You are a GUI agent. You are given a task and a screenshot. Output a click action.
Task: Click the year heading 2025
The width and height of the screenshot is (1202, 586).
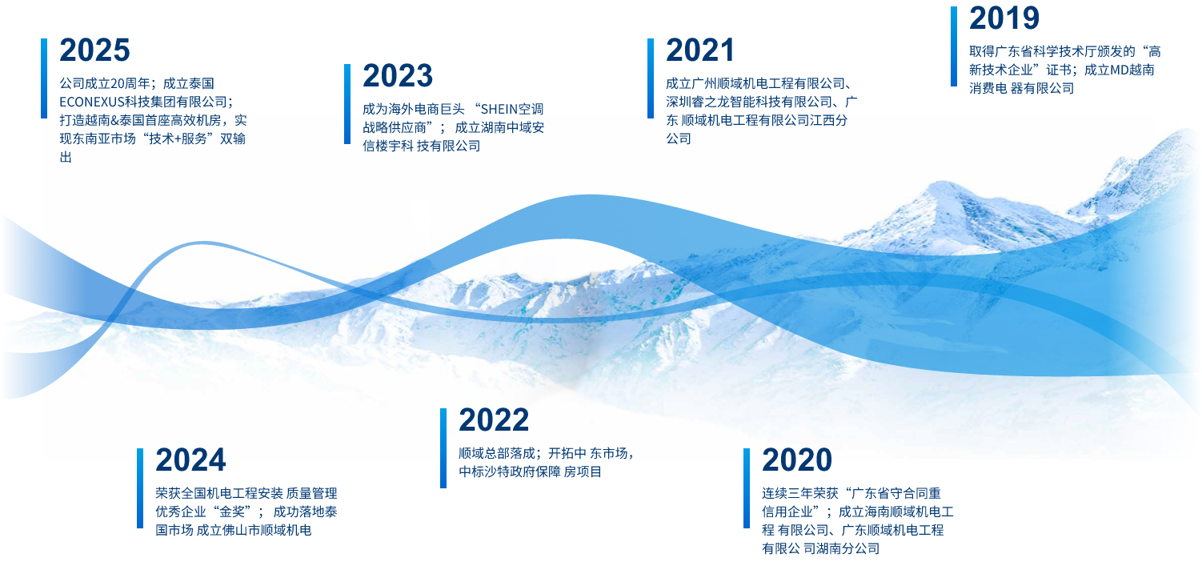tap(94, 50)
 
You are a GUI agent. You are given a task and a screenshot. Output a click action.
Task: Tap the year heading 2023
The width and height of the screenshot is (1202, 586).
tap(398, 76)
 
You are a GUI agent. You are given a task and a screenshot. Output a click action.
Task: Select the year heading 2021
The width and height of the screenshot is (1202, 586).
tap(700, 50)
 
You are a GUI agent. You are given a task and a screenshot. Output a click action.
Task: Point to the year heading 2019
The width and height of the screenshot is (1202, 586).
tap(1004, 18)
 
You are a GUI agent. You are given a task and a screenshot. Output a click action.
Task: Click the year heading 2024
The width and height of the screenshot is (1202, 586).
tap(190, 460)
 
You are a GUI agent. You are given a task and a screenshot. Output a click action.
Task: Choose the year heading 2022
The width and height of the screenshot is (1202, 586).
tap(494, 419)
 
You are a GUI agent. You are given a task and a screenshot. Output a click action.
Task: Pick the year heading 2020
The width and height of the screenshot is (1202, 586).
tap(797, 460)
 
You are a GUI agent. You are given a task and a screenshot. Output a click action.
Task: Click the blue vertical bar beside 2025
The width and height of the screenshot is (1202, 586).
tap(44, 78)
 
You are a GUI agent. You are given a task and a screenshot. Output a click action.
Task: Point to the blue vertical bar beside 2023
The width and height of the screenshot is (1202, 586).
tap(347, 104)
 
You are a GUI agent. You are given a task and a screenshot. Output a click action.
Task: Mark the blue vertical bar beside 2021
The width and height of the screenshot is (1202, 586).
tap(651, 78)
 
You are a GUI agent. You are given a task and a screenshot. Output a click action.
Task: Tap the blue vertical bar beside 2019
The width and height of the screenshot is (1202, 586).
tap(954, 46)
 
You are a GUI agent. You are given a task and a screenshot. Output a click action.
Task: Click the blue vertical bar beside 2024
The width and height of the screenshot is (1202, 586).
tap(140, 488)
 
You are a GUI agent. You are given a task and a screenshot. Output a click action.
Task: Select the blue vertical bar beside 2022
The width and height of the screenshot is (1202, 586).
tap(443, 448)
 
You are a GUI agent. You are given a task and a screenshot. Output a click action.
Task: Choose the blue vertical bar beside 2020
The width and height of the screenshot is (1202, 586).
tap(747, 488)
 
